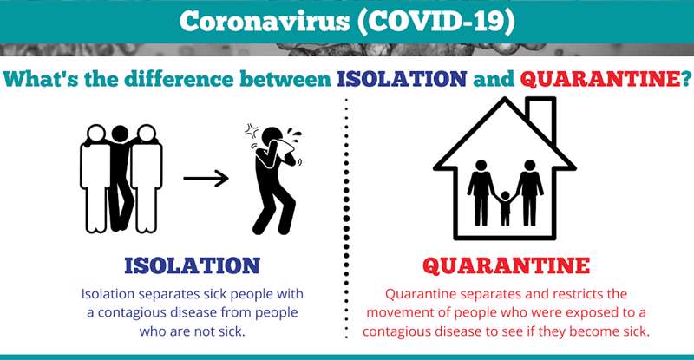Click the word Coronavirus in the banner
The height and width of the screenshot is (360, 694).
(265, 21)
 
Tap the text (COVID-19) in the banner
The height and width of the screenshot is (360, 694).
(436, 22)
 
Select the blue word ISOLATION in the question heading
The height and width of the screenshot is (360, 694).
(402, 79)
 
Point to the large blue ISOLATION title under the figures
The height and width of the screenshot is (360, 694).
(192, 265)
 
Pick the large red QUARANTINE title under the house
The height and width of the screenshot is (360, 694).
(506, 265)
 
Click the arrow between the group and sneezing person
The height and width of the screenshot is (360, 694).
(206, 179)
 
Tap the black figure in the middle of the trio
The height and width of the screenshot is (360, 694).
(121, 178)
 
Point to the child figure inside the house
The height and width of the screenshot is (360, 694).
(505, 208)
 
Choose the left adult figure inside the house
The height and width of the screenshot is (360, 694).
(481, 193)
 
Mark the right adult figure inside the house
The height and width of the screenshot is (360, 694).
(529, 193)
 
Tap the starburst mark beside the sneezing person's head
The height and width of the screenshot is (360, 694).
(252, 131)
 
